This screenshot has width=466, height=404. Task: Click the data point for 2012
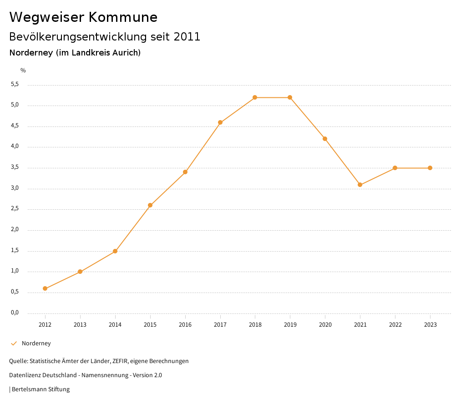[45, 288]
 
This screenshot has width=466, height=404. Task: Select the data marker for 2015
[150, 205]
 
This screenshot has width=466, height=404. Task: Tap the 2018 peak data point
[255, 97]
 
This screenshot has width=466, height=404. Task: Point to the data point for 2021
[360, 185]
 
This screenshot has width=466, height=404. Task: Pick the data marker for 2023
[430, 168]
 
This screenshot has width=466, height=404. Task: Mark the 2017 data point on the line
[220, 122]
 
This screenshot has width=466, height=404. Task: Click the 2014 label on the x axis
[115, 325]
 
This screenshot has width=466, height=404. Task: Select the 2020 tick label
[325, 325]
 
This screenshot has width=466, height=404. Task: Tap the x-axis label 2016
[185, 325]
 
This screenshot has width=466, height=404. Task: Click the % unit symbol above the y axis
[23, 71]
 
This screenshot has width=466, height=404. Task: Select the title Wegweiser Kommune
[83, 17]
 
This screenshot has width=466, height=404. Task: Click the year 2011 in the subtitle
[187, 37]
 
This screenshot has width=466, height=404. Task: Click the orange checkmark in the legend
[14, 343]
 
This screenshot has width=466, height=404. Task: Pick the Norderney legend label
[36, 343]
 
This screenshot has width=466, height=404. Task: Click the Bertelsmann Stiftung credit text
[41, 389]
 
